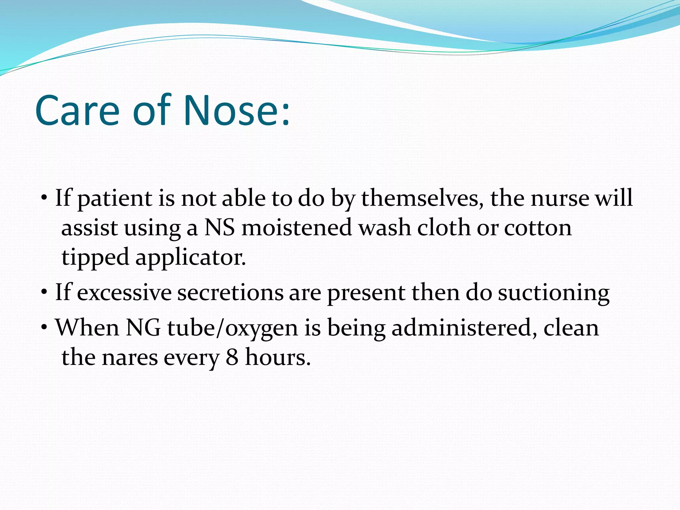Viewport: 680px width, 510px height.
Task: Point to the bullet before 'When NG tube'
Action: coord(44,328)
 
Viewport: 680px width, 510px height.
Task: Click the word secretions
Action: coord(230,293)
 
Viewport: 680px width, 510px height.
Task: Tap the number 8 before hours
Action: coord(232,358)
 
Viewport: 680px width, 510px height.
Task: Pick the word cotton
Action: coord(538,228)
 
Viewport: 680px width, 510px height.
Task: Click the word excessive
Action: coord(124,293)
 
